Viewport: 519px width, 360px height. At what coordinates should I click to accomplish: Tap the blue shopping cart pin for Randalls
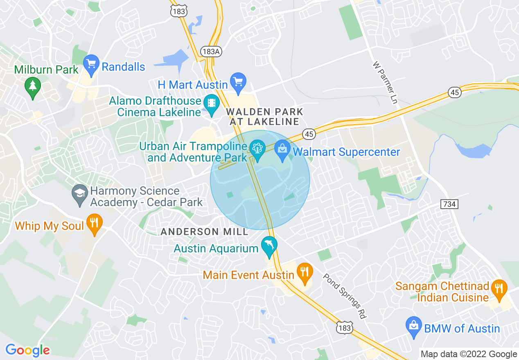(91, 64)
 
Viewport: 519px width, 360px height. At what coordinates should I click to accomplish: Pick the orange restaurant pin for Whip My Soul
(95, 223)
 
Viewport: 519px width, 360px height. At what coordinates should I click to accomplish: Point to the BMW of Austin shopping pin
(413, 326)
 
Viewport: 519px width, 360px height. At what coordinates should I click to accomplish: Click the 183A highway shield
(208, 51)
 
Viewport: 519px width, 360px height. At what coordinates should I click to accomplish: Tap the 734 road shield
(449, 203)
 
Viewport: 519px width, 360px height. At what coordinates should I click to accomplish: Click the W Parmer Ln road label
(385, 82)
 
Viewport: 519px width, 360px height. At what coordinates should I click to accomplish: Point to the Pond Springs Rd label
(344, 295)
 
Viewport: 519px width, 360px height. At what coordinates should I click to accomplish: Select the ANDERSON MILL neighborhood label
(204, 232)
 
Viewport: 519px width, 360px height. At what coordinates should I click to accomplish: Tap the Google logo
(27, 350)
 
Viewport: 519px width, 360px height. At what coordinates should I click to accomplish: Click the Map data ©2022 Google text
(469, 354)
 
